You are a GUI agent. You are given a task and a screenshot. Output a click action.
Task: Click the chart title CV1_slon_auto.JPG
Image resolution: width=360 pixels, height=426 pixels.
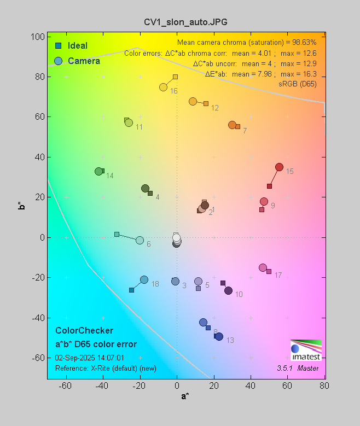click(181, 22)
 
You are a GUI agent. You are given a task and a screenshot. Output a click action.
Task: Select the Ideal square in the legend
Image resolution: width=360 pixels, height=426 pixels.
click(58, 46)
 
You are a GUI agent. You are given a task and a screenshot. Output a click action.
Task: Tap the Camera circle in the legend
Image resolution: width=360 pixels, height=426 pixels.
click(58, 61)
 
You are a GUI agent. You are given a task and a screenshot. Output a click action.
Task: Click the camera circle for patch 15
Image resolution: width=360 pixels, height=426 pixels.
click(279, 167)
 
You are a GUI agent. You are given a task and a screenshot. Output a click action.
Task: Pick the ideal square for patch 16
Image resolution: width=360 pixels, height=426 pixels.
click(175, 77)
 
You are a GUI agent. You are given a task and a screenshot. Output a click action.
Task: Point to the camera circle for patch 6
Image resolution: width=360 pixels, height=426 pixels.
click(140, 241)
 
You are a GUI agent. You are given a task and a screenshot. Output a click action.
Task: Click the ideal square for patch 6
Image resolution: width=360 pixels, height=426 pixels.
click(117, 234)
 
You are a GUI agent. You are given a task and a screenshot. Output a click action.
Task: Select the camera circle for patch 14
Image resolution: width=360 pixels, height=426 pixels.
click(99, 172)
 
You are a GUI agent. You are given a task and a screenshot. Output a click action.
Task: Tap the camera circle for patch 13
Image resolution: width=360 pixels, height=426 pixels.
click(219, 336)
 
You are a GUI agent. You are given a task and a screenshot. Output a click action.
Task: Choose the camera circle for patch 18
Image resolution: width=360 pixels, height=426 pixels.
click(144, 279)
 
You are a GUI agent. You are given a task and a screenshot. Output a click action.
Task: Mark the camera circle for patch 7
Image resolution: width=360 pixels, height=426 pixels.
click(232, 125)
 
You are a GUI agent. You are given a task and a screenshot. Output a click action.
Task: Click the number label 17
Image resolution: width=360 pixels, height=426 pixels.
click(278, 275)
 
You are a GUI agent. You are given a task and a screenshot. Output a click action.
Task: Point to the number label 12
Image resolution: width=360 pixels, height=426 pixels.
click(215, 108)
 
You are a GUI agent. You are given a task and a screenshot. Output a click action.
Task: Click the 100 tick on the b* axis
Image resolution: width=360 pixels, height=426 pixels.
click(38, 37)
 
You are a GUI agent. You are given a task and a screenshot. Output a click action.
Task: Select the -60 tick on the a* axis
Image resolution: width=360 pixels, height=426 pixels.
click(66, 386)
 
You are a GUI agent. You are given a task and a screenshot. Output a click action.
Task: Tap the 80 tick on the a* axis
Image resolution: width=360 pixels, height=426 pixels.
click(324, 386)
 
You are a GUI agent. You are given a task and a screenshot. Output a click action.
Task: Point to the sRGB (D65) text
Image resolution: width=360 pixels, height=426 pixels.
click(298, 84)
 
